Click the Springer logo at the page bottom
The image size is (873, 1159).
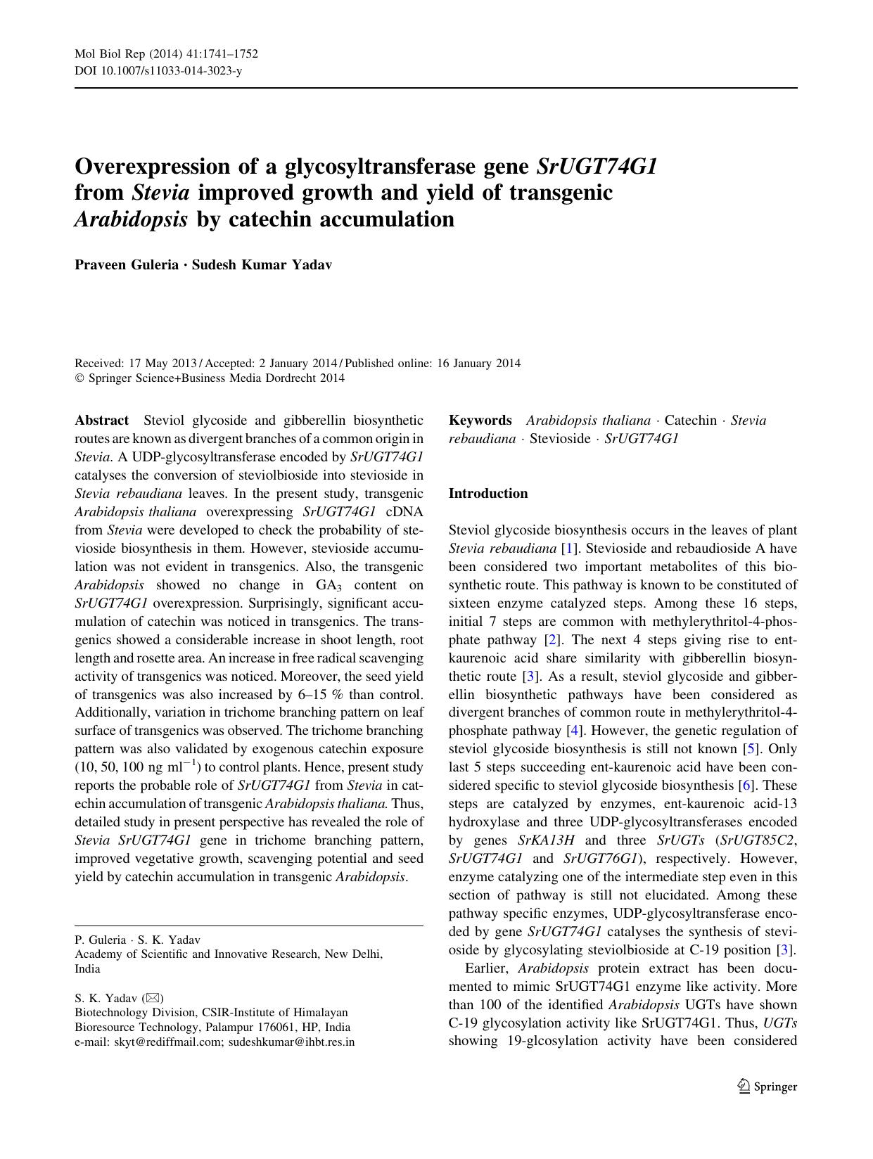767,1087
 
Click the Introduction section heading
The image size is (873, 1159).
488,494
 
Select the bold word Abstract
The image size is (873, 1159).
101,421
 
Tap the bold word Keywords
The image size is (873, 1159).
480,421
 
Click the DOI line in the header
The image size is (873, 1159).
158,70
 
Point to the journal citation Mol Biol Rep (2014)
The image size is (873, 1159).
128,54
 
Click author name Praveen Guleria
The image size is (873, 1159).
127,265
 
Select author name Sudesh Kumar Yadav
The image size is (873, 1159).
262,265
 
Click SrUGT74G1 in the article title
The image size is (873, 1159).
597,167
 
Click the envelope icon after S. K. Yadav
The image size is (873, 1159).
153,998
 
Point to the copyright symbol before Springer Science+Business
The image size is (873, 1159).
79,378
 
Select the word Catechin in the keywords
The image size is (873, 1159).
690,421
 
